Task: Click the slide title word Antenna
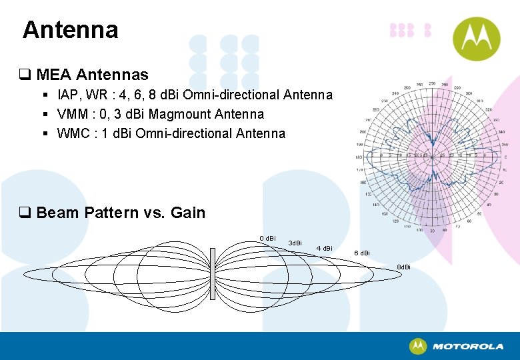(70, 30)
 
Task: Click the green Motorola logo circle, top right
(476, 39)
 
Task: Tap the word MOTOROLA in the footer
(468, 347)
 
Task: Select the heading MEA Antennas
(92, 75)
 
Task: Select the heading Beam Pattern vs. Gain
(121, 213)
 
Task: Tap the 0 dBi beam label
(267, 239)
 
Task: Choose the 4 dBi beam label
(324, 249)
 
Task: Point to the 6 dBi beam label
(362, 253)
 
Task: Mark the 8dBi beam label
(404, 267)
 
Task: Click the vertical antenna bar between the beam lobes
(212, 274)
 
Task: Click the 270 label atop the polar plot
(432, 84)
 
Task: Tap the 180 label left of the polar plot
(359, 157)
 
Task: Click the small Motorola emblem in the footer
(418, 346)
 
